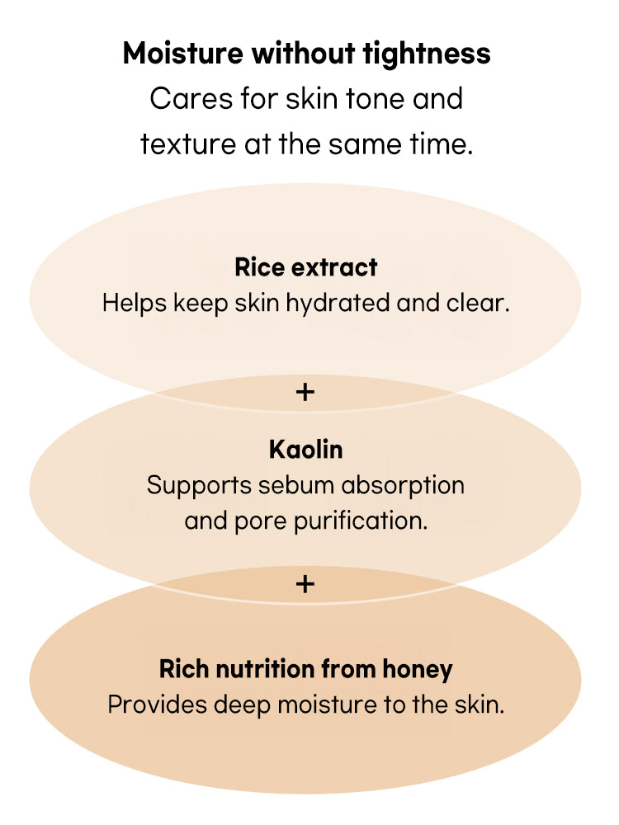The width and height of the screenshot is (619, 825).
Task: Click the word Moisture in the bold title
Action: tap(184, 54)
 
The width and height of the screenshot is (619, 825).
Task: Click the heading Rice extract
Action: tap(306, 267)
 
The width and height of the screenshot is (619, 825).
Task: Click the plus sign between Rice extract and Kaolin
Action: tap(305, 392)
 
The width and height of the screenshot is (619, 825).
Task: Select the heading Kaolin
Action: tap(305, 450)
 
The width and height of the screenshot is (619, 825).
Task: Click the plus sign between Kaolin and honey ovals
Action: tap(305, 584)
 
